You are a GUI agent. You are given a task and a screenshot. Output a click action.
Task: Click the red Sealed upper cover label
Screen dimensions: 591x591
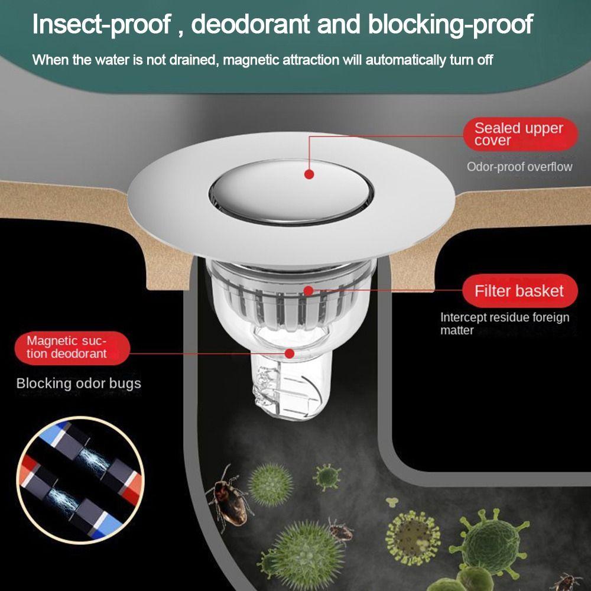519,134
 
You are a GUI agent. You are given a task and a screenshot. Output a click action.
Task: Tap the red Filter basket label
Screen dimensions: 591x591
519,291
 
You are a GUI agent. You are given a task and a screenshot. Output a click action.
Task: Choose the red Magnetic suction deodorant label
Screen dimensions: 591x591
67,347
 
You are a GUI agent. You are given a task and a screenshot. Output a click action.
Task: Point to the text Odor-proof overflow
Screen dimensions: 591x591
519,167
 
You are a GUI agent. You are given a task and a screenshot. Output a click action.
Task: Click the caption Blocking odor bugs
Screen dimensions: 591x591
79,383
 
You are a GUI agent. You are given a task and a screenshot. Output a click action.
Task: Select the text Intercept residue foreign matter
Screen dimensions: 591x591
504,323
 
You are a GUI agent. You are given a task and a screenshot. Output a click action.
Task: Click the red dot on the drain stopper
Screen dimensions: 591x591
309,174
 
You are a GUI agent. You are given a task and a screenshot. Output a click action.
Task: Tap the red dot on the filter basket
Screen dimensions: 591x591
308,290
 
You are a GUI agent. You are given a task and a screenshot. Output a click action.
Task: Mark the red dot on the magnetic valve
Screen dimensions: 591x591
290,353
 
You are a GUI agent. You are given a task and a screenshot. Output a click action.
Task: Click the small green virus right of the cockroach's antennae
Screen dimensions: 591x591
327,476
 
